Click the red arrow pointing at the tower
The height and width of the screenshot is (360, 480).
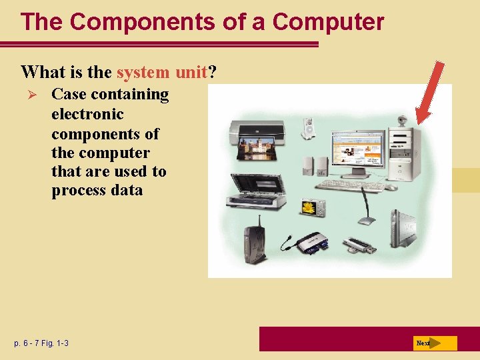tap(429, 93)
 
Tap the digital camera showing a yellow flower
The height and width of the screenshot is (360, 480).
tap(311, 207)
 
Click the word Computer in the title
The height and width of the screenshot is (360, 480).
tap(328, 22)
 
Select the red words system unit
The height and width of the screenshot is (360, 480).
tap(163, 71)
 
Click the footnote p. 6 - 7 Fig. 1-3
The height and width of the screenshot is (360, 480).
tap(41, 343)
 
